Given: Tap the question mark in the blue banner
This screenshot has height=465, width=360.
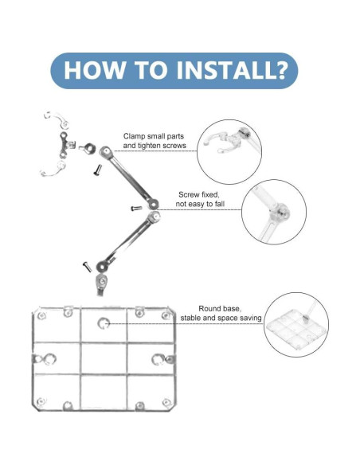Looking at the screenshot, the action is click(x=280, y=70).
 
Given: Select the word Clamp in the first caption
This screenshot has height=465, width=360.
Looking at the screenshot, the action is click(x=134, y=136).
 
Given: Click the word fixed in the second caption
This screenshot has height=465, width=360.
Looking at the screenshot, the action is click(x=210, y=195).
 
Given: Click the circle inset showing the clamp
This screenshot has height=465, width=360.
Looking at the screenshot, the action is click(x=229, y=152).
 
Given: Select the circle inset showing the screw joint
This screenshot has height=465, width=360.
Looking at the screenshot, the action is click(x=274, y=212).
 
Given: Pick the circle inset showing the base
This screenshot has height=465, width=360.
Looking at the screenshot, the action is click(x=296, y=325).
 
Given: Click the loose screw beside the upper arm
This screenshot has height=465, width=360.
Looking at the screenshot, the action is click(x=98, y=170).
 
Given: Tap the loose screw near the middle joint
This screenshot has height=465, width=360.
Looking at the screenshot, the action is click(x=136, y=208).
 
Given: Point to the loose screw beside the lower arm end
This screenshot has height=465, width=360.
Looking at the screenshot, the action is click(x=87, y=267).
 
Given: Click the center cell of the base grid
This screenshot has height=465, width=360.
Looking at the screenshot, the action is click(x=104, y=358).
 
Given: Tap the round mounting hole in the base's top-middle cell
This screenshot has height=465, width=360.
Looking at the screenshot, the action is click(x=104, y=323).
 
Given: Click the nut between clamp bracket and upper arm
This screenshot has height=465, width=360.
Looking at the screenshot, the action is click(x=88, y=148).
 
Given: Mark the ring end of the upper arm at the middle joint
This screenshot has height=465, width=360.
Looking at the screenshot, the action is click(x=154, y=204).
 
